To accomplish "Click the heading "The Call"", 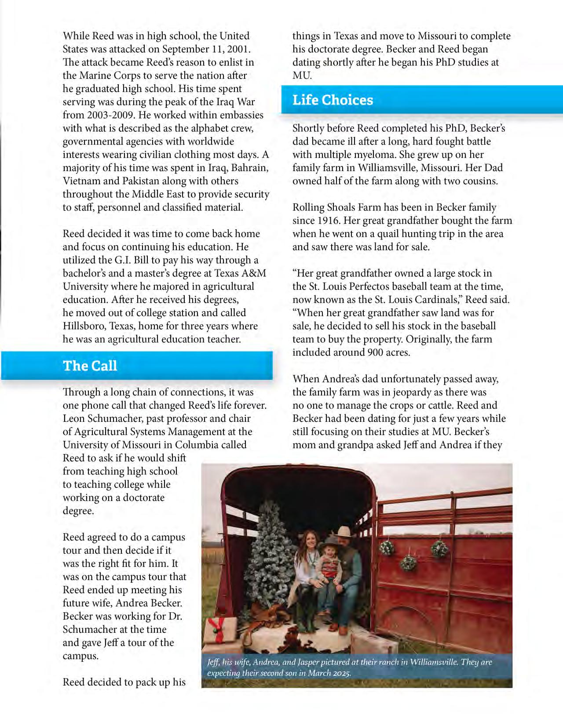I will (90, 366).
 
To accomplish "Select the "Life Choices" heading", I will (333, 100).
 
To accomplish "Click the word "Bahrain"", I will (248, 168).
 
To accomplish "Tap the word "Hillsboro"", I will (84, 326).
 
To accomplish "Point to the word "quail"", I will (389, 234).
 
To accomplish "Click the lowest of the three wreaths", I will (407, 563).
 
